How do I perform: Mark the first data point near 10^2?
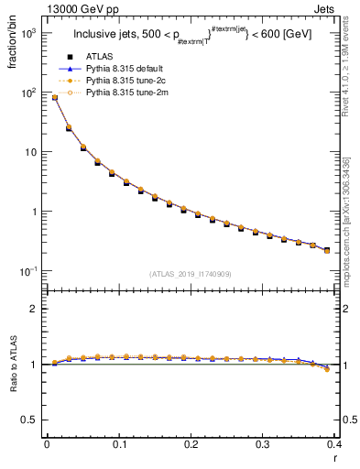coord(54,97)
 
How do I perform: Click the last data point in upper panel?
coord(327,250)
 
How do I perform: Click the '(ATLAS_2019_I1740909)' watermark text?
coord(191,274)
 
